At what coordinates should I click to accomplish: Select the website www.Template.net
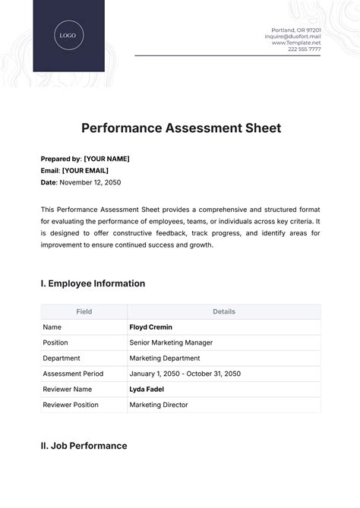click(x=296, y=43)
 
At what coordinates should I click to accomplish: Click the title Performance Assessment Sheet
click(x=180, y=128)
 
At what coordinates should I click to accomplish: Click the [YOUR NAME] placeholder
click(x=106, y=159)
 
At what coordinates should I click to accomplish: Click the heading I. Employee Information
click(x=93, y=283)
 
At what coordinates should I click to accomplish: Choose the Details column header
click(x=224, y=311)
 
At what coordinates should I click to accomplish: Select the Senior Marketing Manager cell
click(x=172, y=342)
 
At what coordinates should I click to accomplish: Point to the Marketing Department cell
click(x=165, y=358)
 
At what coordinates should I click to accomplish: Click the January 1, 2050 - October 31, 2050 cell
click(x=185, y=374)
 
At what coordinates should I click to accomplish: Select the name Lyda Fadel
click(x=148, y=389)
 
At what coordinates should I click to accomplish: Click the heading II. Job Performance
click(x=84, y=446)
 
